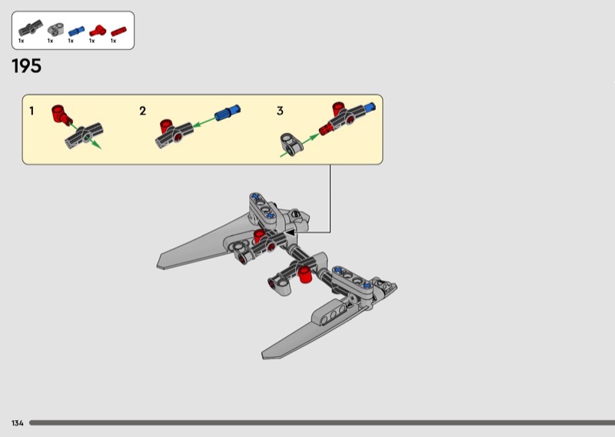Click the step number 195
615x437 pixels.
[27, 66]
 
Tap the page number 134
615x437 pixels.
[17, 423]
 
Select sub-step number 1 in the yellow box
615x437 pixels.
[32, 111]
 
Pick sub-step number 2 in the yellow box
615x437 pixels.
[143, 111]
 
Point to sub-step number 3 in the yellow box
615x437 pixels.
[280, 111]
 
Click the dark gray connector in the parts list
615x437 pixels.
[31, 28]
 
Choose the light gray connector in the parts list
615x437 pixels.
[55, 29]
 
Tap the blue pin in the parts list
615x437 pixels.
[76, 31]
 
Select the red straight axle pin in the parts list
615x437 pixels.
[118, 32]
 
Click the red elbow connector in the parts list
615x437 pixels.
[98, 31]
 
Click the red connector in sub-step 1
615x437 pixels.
[61, 115]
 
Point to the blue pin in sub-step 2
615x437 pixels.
[228, 112]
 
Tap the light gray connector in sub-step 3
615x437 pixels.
[292, 143]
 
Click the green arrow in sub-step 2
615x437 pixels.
[204, 122]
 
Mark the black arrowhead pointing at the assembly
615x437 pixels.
[290, 233]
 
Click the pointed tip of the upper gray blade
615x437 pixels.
[158, 265]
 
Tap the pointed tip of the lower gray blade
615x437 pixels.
[264, 355]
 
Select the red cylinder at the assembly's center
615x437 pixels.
[304, 274]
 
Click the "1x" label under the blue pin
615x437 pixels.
[71, 41]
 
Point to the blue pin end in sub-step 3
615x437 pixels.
[370, 107]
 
